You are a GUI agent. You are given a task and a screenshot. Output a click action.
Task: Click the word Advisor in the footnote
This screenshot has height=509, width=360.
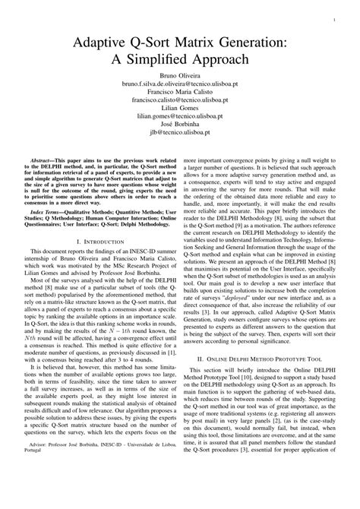(41, 485)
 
